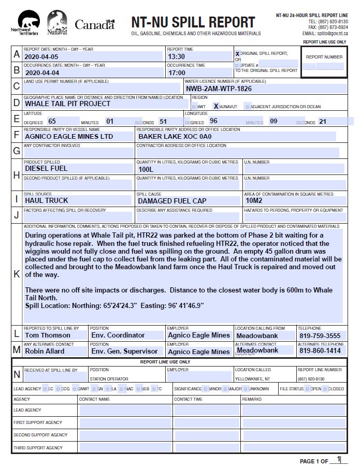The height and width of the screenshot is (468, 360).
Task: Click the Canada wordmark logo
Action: tap(94, 24)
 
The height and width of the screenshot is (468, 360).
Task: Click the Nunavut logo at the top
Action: tap(57, 23)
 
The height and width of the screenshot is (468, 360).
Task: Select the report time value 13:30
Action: tap(176, 57)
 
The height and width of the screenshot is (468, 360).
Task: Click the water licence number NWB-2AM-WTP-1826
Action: tap(219, 89)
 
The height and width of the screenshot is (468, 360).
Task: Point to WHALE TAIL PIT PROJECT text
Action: tap(67, 104)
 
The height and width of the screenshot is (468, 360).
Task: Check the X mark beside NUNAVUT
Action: tap(216, 106)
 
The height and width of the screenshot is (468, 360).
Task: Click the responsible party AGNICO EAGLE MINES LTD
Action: tap(68, 137)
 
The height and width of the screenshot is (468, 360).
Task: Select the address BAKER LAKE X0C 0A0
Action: tap(175, 137)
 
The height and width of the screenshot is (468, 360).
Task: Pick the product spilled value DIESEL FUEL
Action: tap(46, 168)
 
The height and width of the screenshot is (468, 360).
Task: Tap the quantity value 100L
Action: tap(146, 169)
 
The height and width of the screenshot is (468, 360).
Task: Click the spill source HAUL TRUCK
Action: tap(46, 200)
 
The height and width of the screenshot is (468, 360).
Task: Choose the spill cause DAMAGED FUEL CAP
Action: tap(172, 200)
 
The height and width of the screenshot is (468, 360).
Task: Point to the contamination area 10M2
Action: tap(254, 200)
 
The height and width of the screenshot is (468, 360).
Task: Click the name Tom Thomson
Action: tap(48, 335)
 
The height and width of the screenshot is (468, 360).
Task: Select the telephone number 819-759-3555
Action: tap(320, 335)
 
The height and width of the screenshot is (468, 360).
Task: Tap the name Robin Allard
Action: tap(45, 351)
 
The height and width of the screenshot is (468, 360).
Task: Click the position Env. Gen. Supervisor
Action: tap(124, 351)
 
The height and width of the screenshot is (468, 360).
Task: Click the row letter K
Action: tap(17, 274)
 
